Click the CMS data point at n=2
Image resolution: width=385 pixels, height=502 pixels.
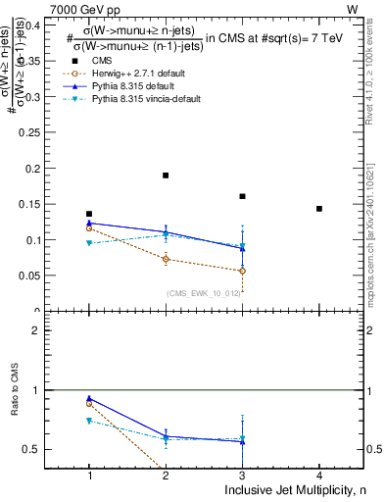[166, 176]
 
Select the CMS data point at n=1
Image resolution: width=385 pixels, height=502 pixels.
[89, 214]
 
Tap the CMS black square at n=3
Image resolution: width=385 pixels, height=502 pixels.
[242, 196]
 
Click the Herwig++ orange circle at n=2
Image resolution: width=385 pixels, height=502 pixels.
[166, 260]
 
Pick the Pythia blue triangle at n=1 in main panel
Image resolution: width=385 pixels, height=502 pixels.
[89, 223]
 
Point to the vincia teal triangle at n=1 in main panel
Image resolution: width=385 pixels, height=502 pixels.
[89, 243]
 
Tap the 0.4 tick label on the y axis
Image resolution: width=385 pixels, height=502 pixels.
[32, 25]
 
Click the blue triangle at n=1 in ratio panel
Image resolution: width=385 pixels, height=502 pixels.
[89, 399]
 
